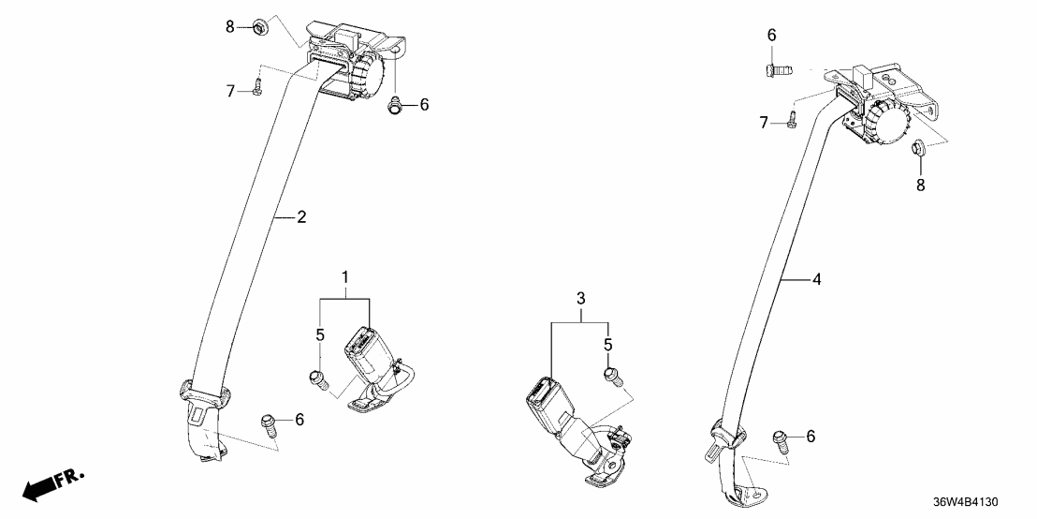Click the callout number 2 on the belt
(x=301, y=218)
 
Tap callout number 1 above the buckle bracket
(x=344, y=278)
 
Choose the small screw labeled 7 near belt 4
(x=791, y=119)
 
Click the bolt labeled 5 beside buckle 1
(x=316, y=378)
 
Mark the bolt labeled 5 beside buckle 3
(x=611, y=377)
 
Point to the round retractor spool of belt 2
(x=366, y=74)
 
